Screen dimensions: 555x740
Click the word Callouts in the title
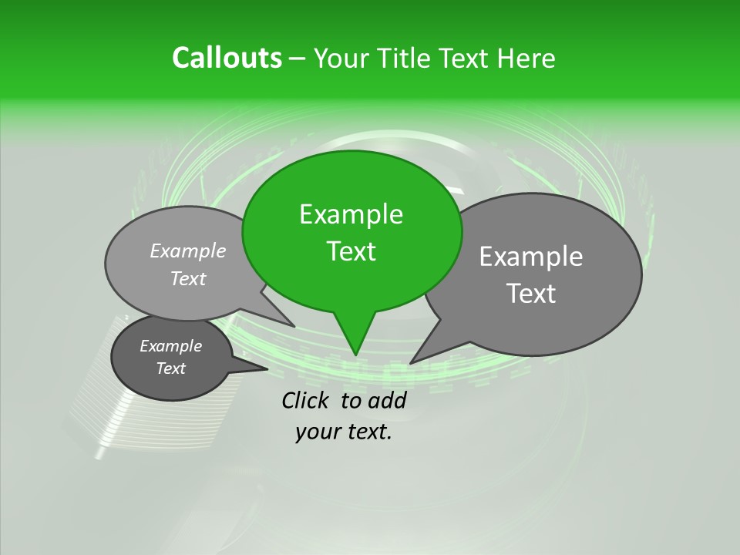(x=227, y=58)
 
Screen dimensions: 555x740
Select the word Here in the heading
(x=526, y=58)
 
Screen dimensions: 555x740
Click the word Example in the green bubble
(x=351, y=214)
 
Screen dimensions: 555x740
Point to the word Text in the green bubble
(x=351, y=251)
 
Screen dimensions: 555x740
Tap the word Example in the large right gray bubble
(x=531, y=257)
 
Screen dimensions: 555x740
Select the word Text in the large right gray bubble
(x=531, y=293)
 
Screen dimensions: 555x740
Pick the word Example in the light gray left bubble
(x=188, y=251)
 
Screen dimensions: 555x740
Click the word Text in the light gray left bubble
(x=188, y=278)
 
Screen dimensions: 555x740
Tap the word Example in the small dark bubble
(x=170, y=346)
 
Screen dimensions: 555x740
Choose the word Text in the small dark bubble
(x=170, y=368)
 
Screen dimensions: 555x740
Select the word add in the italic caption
(x=387, y=400)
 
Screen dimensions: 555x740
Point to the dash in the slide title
(x=298, y=59)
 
